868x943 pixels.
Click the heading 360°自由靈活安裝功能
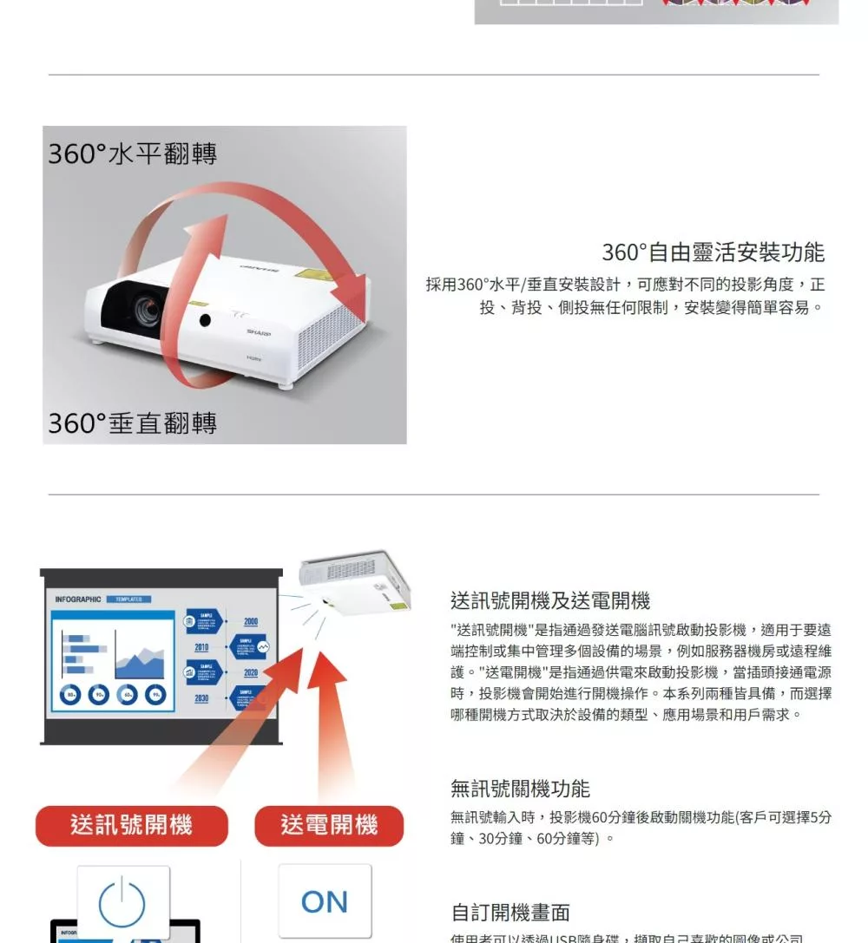pos(713,252)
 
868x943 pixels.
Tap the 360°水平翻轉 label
pos(132,154)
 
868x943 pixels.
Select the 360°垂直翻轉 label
pos(132,422)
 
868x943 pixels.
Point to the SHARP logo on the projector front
pos(258,332)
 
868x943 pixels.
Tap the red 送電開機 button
pos(329,825)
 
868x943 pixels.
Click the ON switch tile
pos(325,901)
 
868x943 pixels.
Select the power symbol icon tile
pos(122,903)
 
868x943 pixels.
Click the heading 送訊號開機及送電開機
pos(550,600)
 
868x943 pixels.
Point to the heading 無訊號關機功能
pos(520,789)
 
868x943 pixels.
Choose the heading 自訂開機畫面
pos(510,913)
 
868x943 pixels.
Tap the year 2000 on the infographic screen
pos(251,622)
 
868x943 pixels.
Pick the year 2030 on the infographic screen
pos(201,698)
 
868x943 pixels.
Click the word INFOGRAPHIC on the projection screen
pos(78,599)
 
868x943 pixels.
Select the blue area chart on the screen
pos(141,664)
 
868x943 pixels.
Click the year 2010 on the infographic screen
pos(201,647)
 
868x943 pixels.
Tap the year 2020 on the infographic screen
pos(251,673)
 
